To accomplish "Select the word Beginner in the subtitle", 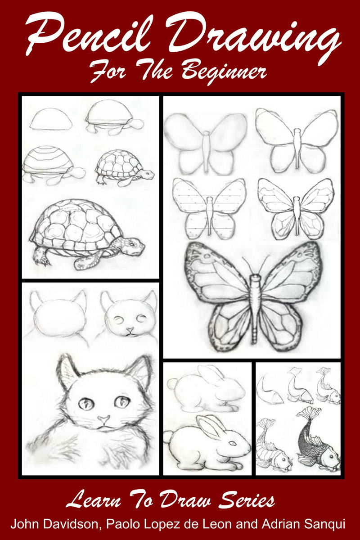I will point(227,72).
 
